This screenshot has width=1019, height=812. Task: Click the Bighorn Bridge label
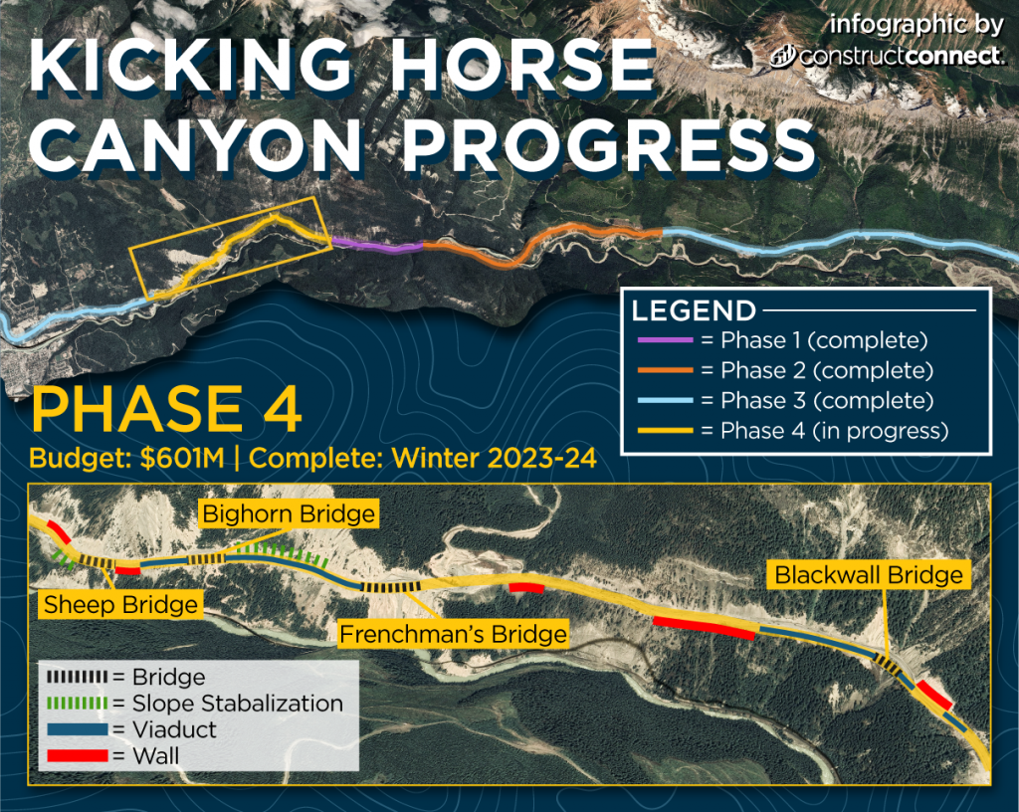(289, 514)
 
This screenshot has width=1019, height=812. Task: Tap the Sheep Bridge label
(119, 604)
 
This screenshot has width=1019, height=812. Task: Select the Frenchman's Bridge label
(453, 634)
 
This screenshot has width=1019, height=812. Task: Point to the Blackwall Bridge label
(868, 575)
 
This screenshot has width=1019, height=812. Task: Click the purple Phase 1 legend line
(662, 341)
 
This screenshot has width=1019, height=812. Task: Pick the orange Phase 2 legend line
(662, 371)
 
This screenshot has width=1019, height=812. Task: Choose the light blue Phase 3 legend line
(662, 401)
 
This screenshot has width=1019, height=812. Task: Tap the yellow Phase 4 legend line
(662, 431)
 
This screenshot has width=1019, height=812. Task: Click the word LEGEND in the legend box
(694, 310)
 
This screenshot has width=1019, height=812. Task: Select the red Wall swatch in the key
(78, 755)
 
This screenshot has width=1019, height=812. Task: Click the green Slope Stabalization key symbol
(78, 704)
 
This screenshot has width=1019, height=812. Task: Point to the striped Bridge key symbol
(78, 678)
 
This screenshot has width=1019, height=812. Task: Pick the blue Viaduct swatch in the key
(78, 729)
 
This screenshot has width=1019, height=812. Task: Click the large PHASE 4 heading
(167, 411)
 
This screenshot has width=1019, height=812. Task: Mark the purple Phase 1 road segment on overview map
(376, 245)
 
